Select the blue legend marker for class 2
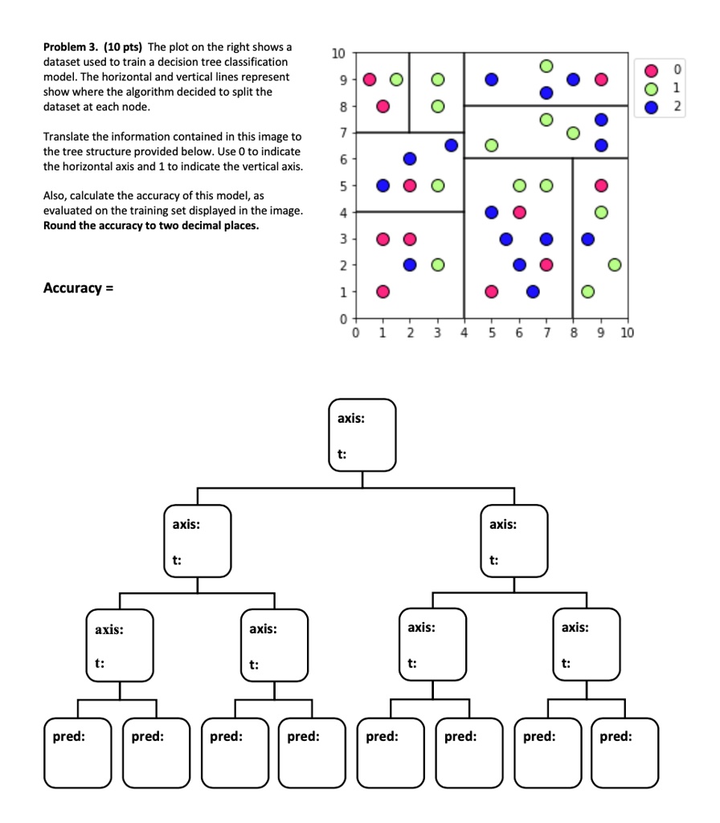coord(652,105)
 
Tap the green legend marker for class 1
coord(652,89)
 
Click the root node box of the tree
coord(362,435)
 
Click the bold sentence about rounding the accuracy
coord(150,225)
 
